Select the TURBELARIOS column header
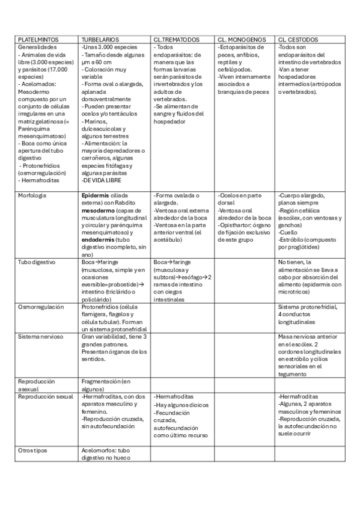[100, 40]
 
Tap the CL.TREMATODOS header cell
[176, 40]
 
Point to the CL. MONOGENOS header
[239, 40]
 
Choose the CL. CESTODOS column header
[299, 40]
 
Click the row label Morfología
[32, 195]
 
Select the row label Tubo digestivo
[37, 262]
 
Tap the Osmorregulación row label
[41, 307]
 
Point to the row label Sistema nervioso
[40, 336]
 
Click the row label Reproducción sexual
[46, 396]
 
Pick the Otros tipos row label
[33, 449]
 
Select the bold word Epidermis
[96, 195]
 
